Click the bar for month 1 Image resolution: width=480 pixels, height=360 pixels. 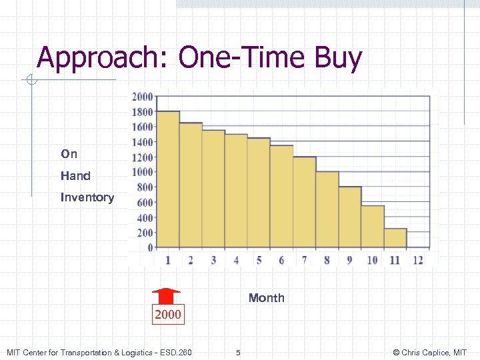click(x=168, y=180)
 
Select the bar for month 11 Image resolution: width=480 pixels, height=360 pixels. click(x=395, y=238)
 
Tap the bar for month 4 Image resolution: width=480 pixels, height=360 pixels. click(x=236, y=191)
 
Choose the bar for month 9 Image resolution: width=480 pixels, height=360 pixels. click(x=350, y=217)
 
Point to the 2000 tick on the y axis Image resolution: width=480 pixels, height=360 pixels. click(x=143, y=96)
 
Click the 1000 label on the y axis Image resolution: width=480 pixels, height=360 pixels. click(x=143, y=172)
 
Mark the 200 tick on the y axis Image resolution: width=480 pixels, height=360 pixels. click(x=145, y=233)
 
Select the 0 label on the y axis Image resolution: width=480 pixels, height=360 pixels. click(x=150, y=247)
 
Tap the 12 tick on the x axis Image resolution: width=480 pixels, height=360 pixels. click(x=418, y=260)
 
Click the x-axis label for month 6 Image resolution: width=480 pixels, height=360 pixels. click(x=281, y=260)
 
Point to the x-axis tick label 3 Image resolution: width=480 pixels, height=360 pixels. click(x=213, y=260)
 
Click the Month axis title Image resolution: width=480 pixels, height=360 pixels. click(x=266, y=298)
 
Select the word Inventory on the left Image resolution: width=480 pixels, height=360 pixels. click(x=87, y=197)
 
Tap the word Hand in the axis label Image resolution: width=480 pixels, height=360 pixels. click(x=75, y=176)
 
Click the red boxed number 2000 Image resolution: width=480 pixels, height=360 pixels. click(x=167, y=314)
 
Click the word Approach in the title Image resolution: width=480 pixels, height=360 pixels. click(x=103, y=58)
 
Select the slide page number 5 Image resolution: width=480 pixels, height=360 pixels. click(x=239, y=352)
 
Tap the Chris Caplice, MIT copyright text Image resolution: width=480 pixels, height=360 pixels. click(x=430, y=352)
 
